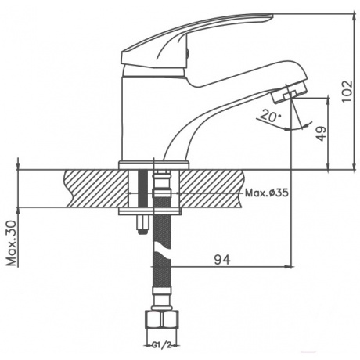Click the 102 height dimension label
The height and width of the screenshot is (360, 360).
click(347, 92)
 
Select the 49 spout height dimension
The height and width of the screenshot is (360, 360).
click(322, 134)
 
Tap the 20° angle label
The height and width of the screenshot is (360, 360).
click(271, 116)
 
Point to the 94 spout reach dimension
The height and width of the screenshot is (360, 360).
click(222, 260)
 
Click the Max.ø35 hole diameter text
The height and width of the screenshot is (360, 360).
click(267, 193)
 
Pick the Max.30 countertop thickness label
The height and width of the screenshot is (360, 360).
click(12, 243)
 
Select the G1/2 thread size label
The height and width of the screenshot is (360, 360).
click(162, 345)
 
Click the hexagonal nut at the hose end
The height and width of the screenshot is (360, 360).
click(161, 319)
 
